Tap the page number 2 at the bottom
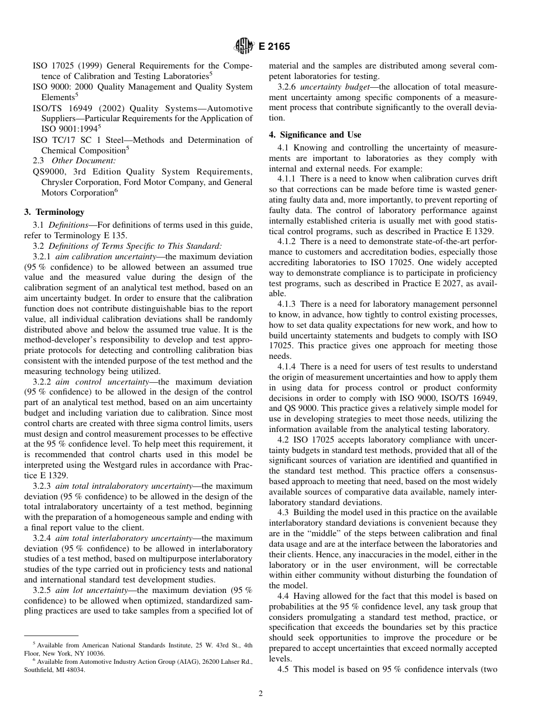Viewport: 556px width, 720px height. click(260, 694)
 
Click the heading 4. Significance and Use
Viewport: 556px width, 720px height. click(315, 135)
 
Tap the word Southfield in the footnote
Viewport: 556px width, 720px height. click(39, 670)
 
